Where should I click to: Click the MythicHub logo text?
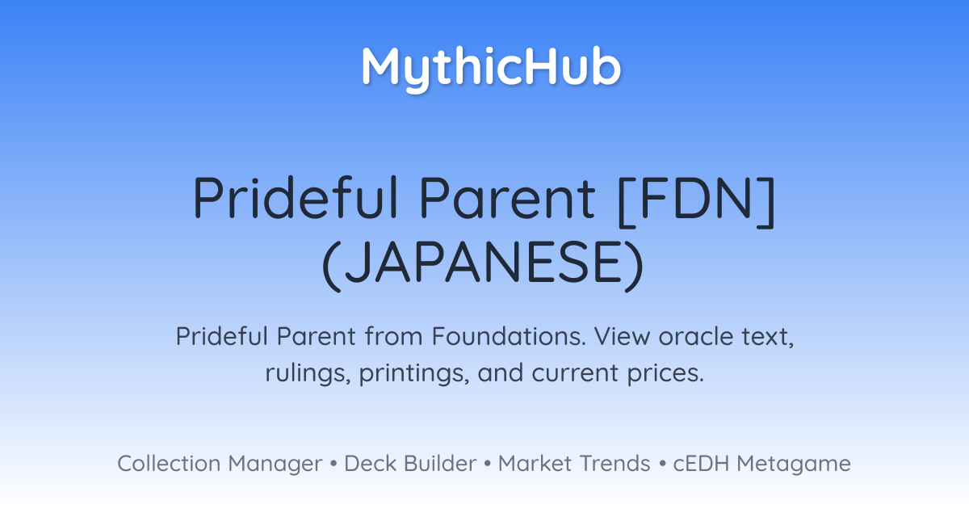[492, 68]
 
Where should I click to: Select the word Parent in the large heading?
[507, 198]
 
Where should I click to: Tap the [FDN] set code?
[696, 200]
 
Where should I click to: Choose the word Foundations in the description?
[509, 336]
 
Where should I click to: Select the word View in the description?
[622, 336]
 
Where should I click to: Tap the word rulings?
[308, 373]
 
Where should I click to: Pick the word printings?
[414, 373]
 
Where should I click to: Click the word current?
[575, 373]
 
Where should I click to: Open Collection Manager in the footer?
[220, 464]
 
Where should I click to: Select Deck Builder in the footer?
[410, 463]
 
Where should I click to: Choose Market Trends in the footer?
[574, 463]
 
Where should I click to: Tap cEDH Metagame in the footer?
[761, 464]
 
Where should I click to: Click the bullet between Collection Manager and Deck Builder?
[333, 464]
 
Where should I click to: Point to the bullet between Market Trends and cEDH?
[662, 464]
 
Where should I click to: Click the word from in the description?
[394, 336]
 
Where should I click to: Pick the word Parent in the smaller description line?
[317, 336]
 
